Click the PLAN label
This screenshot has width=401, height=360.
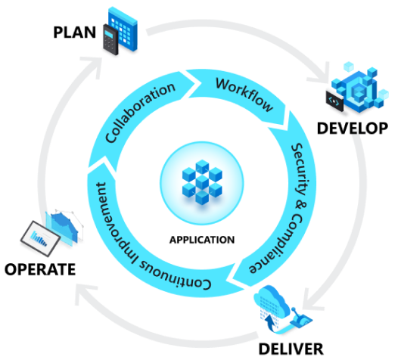click(x=74, y=33)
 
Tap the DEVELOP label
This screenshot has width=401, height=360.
click(x=353, y=128)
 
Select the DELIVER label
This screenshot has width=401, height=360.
click(x=291, y=349)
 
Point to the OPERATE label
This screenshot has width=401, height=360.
click(x=40, y=269)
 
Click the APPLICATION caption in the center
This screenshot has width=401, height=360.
click(x=202, y=240)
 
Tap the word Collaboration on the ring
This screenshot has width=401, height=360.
click(x=140, y=113)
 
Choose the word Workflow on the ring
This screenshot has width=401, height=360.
click(x=244, y=95)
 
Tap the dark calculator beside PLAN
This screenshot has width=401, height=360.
click(x=110, y=39)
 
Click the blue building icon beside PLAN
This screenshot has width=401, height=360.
click(x=123, y=29)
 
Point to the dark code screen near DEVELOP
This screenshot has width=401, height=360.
click(x=334, y=101)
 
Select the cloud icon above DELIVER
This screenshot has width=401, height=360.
click(x=272, y=304)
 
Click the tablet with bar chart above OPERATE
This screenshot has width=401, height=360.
click(x=40, y=238)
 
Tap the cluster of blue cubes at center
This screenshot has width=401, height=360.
click(x=202, y=182)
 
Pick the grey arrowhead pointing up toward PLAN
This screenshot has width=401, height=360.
click(x=94, y=67)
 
